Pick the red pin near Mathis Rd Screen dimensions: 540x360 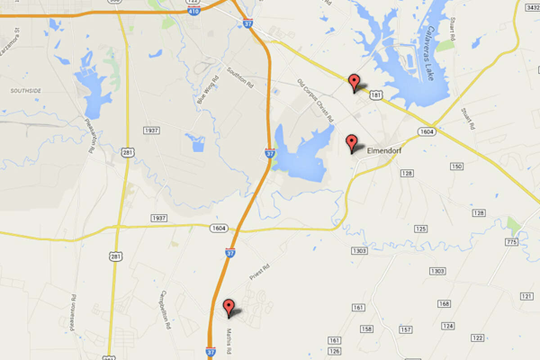click(229, 308)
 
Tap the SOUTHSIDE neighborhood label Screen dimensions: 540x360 click(26, 91)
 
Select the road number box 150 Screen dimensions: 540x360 click(456, 166)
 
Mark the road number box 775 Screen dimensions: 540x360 click(512, 242)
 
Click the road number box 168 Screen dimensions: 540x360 click(444, 304)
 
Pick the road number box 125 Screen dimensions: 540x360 click(420, 229)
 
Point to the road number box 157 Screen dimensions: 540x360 click(405, 330)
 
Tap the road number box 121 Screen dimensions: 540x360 click(526, 296)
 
